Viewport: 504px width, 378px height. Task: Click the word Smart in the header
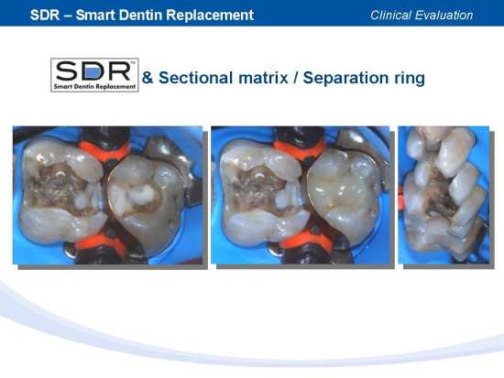coord(95,15)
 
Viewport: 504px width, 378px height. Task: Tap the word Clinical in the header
coord(390,15)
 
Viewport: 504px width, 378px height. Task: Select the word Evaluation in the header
coord(444,15)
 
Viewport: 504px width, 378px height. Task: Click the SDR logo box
coord(94,75)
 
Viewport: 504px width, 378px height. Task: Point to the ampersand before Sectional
coord(148,78)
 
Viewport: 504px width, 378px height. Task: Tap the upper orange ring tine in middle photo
coord(299,148)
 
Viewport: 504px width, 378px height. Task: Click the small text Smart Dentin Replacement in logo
coord(94,87)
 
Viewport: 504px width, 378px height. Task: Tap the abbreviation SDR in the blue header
coord(45,15)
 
